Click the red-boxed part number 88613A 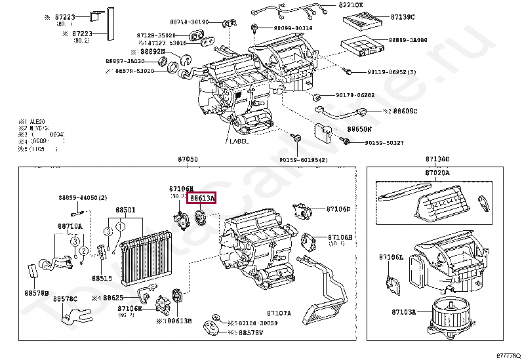[202, 197]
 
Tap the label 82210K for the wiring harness [352, 5]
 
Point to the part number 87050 [187, 159]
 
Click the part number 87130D [437, 159]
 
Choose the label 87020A [437, 172]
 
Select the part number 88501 [125, 210]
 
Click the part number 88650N [359, 130]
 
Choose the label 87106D [338, 209]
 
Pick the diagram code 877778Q [507, 355]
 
